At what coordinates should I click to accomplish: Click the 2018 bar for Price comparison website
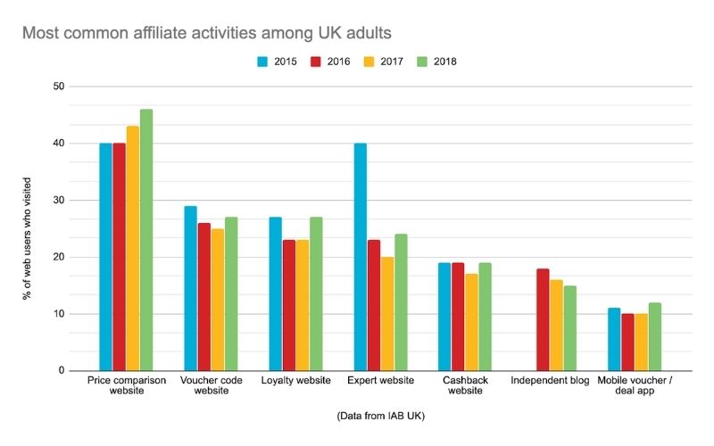pyautogui.click(x=145, y=240)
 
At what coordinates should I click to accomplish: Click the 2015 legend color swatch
pyautogui.click(x=262, y=62)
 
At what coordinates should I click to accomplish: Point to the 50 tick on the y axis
pyautogui.click(x=59, y=87)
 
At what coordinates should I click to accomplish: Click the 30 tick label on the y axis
pyautogui.click(x=59, y=200)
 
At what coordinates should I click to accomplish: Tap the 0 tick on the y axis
pyautogui.click(x=62, y=370)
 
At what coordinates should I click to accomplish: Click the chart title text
pyautogui.click(x=206, y=34)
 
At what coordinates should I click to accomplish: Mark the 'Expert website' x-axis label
pyautogui.click(x=380, y=381)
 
